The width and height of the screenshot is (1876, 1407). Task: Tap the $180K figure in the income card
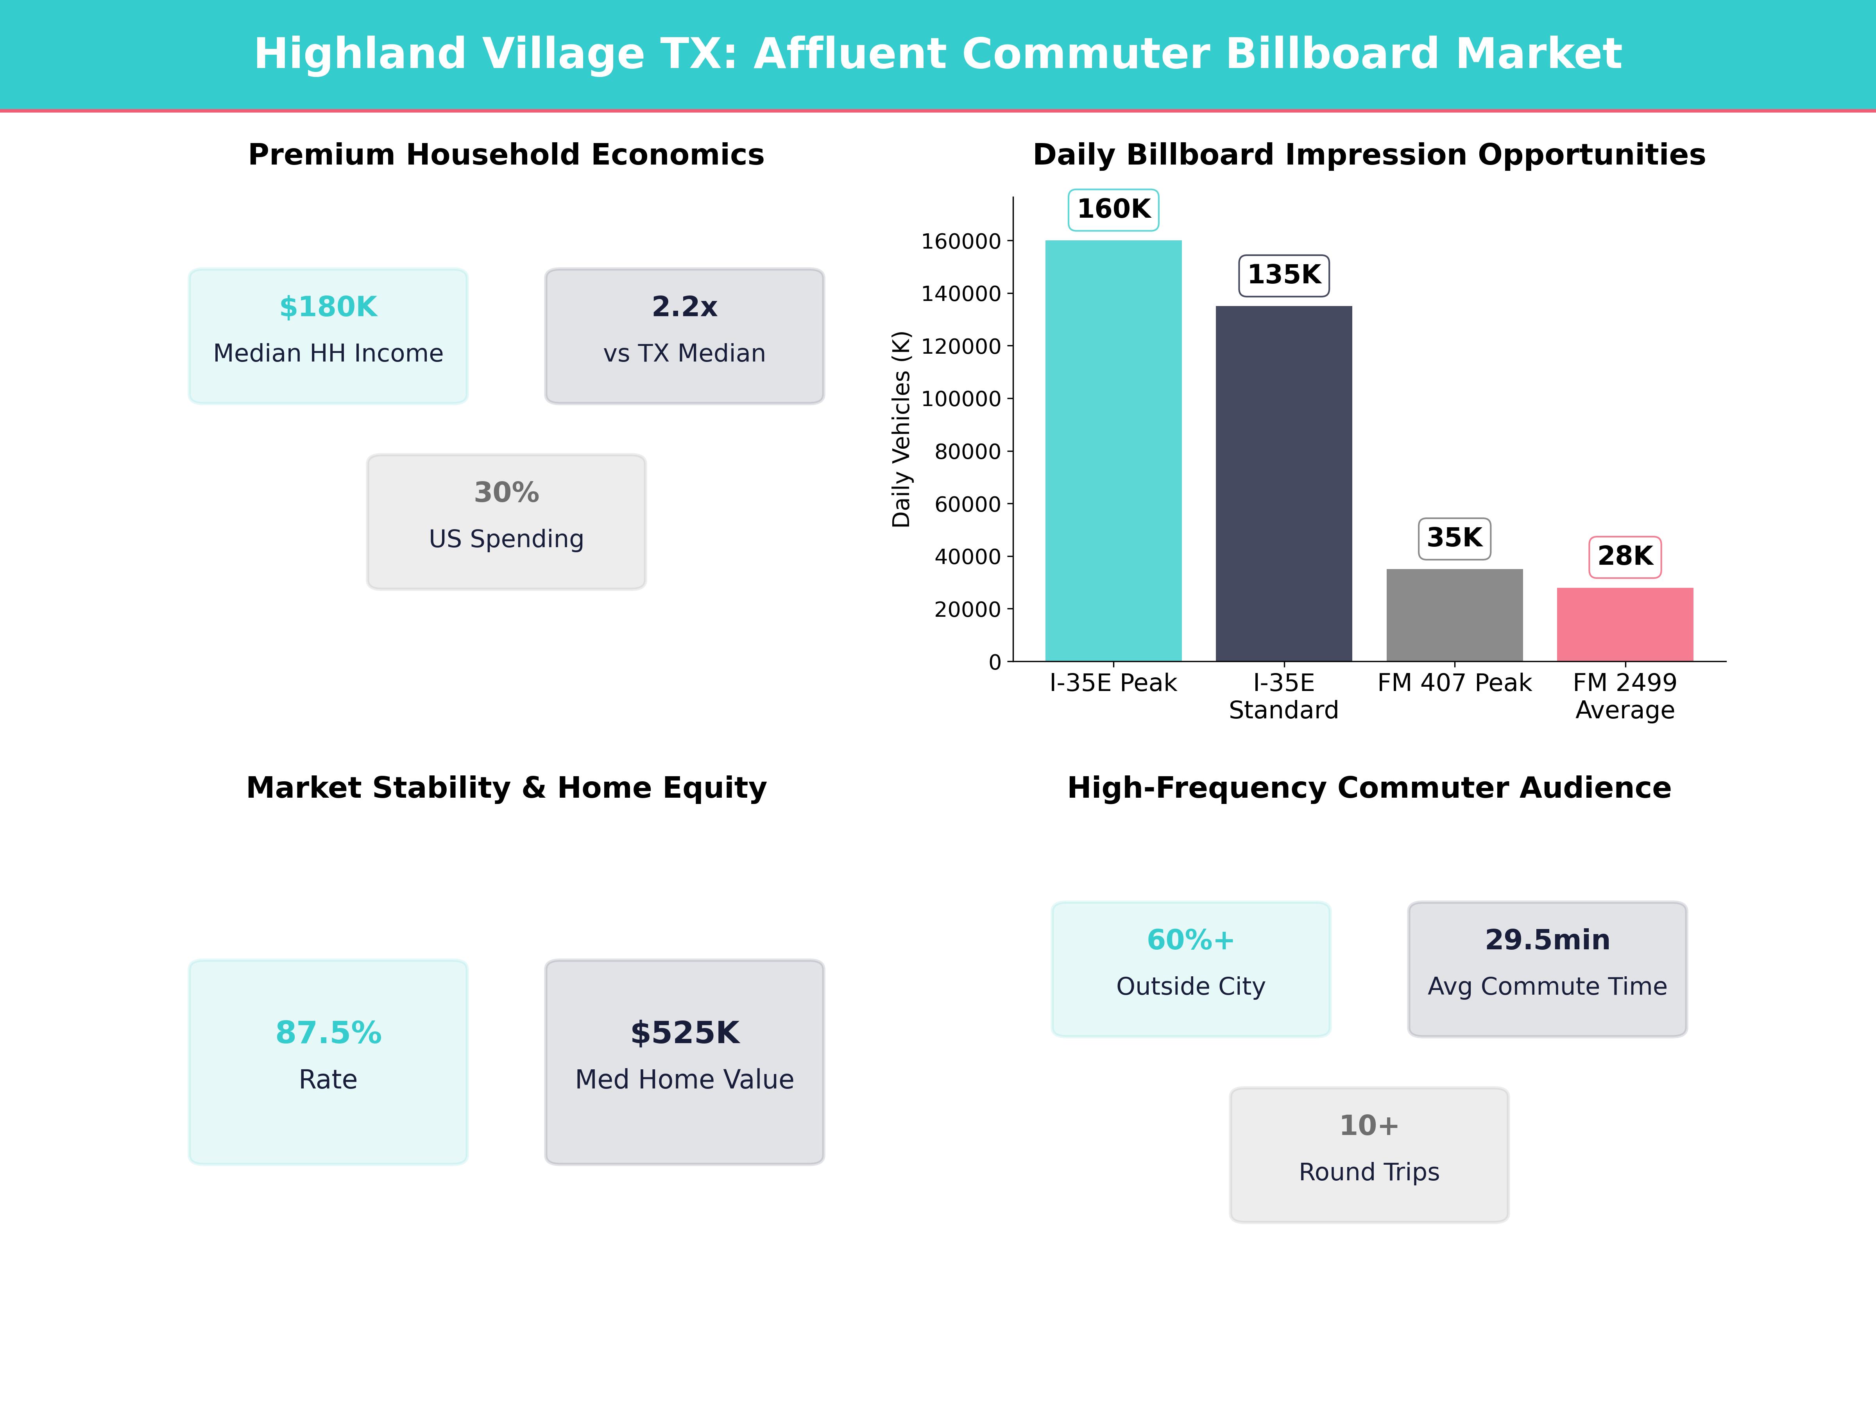[x=328, y=306]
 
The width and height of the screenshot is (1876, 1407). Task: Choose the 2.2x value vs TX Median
[x=684, y=306]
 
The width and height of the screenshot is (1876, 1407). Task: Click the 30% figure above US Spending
[x=506, y=492]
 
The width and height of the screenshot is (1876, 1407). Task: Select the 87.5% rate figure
[x=328, y=1032]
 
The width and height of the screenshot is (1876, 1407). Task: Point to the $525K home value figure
[x=684, y=1032]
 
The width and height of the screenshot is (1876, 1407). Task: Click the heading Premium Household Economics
[x=506, y=154]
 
